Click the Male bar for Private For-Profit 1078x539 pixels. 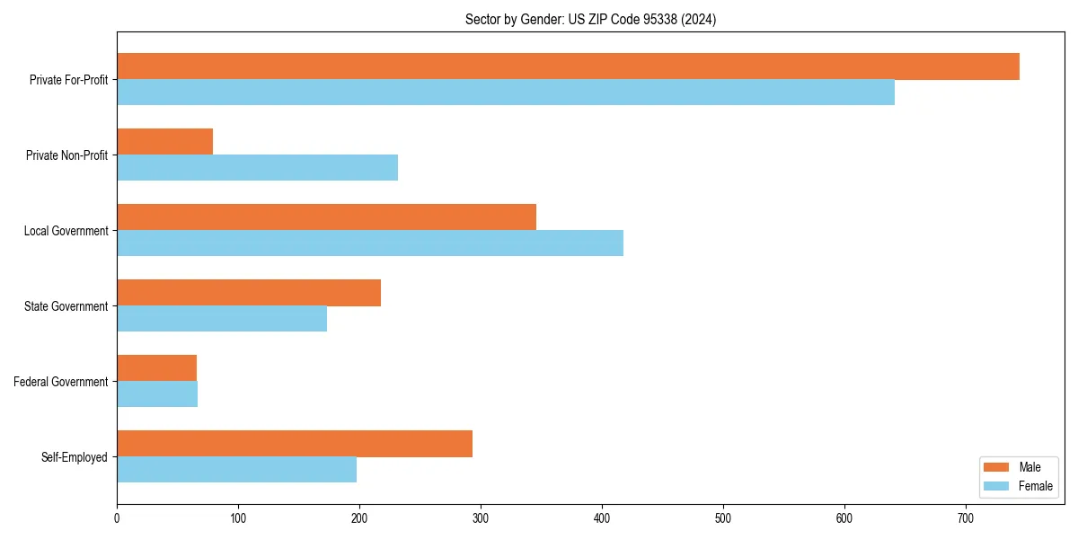(x=568, y=66)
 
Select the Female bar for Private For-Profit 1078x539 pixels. (x=506, y=93)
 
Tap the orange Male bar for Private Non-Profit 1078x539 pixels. (x=165, y=142)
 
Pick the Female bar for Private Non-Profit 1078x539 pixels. (x=257, y=168)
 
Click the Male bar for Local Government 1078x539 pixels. (x=326, y=217)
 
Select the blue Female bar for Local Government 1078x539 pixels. (x=370, y=243)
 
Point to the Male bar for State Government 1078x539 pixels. (x=249, y=293)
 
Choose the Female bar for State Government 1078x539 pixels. (x=222, y=319)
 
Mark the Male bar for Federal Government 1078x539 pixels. (x=157, y=368)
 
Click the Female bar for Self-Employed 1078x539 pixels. (x=237, y=470)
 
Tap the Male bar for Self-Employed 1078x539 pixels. (x=295, y=444)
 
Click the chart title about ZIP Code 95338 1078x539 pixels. (x=590, y=19)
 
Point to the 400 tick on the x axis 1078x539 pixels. (x=602, y=518)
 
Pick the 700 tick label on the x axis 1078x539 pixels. (x=966, y=518)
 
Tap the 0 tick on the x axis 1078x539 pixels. (x=117, y=518)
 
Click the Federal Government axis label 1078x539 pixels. (x=61, y=382)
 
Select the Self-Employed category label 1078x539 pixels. (x=75, y=457)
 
